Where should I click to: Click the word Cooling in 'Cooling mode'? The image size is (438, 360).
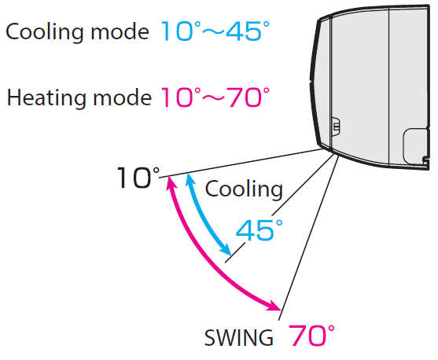coord(45,32)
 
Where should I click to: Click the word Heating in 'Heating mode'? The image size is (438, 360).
coord(46,97)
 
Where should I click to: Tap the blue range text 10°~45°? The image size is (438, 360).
coord(215,31)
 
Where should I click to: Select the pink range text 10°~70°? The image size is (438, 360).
coord(215,97)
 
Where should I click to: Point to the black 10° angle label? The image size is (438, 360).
coord(138,178)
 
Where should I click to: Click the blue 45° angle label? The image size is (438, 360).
coord(259,230)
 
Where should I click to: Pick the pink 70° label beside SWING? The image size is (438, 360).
coord(311,336)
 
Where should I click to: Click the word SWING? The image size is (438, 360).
coord(239,338)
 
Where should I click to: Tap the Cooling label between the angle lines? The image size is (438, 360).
coord(244,189)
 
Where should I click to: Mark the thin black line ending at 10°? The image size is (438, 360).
coord(241,163)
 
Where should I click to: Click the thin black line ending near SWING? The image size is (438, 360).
coord(309,238)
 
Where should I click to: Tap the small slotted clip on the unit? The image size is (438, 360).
coord(336,127)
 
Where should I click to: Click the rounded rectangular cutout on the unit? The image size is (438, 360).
coord(416,146)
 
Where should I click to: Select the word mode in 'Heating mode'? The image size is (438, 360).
coord(122,97)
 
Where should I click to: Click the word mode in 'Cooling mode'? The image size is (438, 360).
coord(120,32)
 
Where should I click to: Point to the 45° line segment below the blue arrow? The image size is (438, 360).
coord(234,253)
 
